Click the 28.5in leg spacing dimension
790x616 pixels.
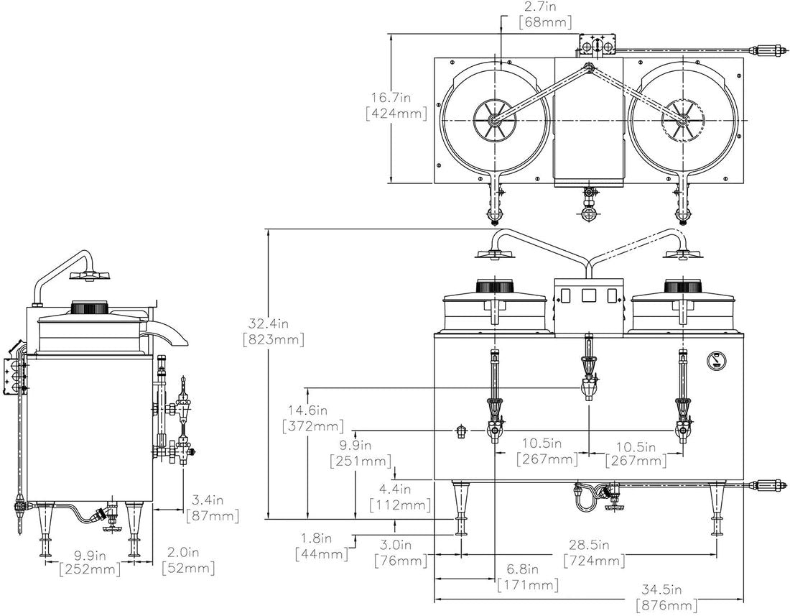[x=594, y=545]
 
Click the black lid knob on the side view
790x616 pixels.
[x=88, y=308]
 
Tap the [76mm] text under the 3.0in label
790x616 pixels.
[x=400, y=561]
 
